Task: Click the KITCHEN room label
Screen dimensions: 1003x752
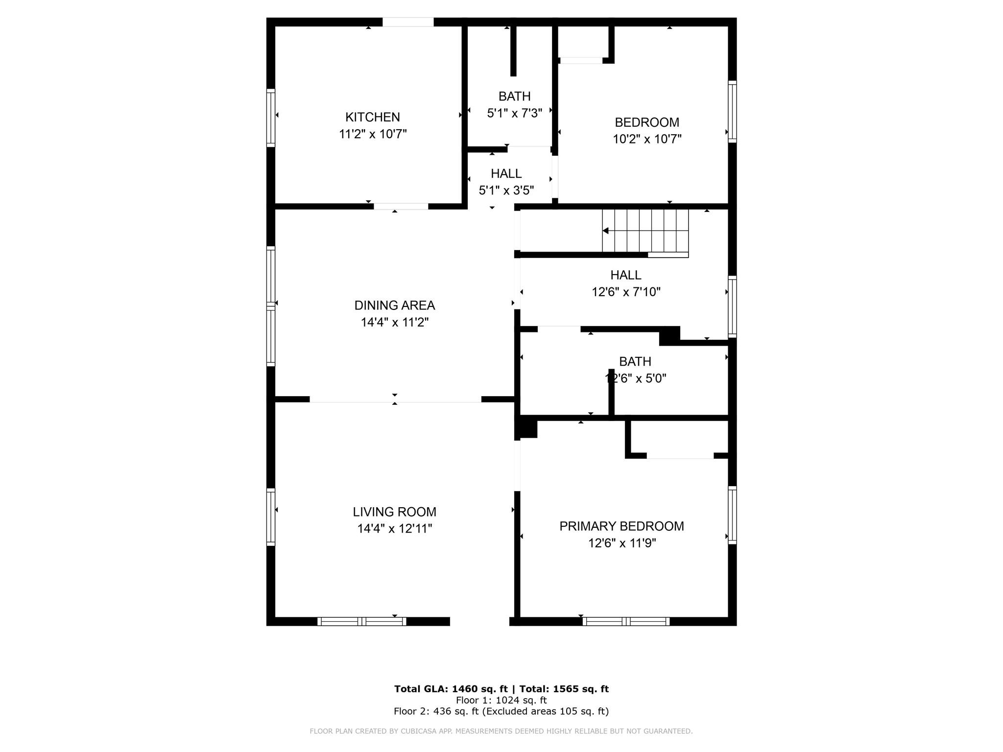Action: [x=373, y=117]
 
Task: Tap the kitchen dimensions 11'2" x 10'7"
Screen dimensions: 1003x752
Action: [x=373, y=134]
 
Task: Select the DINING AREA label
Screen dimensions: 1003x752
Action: [x=395, y=305]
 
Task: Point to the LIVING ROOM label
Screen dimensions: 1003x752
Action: [x=395, y=512]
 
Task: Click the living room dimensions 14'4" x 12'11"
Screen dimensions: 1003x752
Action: [x=395, y=529]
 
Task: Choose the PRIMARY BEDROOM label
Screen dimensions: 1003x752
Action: [x=622, y=526]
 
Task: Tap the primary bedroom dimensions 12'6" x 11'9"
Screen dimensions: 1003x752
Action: [x=622, y=543]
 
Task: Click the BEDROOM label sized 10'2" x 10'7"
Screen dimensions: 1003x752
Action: [x=647, y=122]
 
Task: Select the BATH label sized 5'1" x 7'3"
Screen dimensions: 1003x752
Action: [x=515, y=96]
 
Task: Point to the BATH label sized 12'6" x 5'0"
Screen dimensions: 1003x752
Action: [x=635, y=362]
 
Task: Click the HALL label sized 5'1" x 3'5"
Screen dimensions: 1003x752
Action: [x=506, y=174]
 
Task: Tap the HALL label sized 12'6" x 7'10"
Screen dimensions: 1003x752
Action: [x=626, y=275]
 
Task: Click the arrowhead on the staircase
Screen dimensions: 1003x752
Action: [x=605, y=231]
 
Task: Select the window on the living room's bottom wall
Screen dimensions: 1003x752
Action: [x=362, y=621]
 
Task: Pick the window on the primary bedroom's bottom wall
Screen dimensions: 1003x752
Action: [x=626, y=621]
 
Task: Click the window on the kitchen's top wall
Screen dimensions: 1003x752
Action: [x=408, y=22]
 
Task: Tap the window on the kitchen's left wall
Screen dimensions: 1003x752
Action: [x=270, y=117]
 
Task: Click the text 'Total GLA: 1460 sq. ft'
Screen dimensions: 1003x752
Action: [x=451, y=689]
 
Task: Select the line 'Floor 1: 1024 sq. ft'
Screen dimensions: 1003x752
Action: [x=501, y=700]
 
